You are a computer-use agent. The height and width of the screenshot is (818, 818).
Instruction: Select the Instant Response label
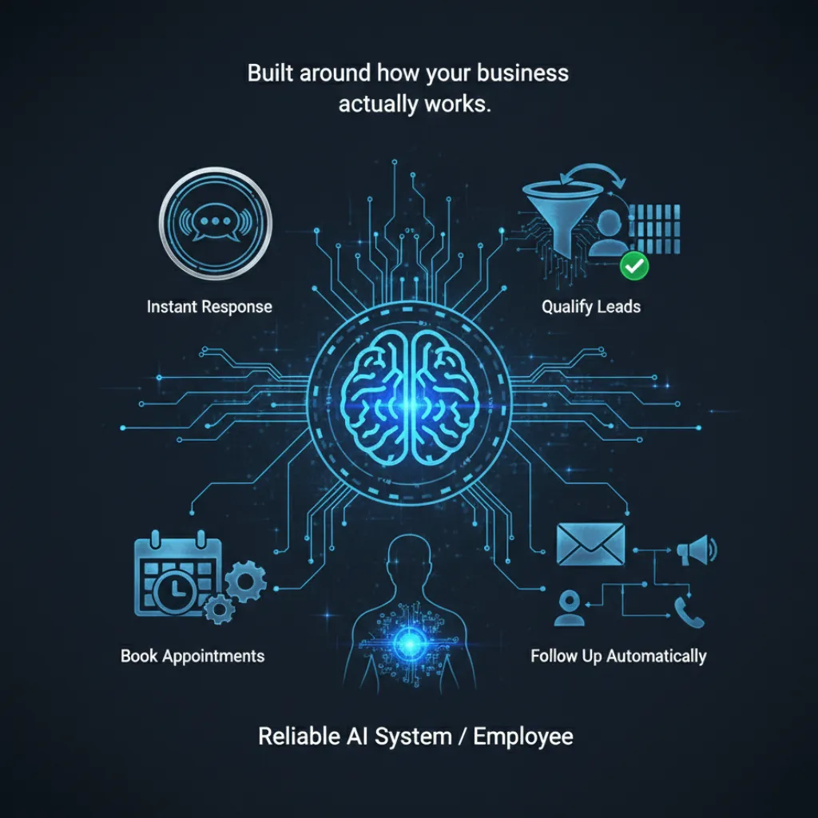pyautogui.click(x=209, y=307)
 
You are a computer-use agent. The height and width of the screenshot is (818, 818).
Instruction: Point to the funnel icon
pyautogui.click(x=559, y=209)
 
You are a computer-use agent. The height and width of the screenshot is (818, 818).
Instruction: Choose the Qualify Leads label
pyautogui.click(x=591, y=307)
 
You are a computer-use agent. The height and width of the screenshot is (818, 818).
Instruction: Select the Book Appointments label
pyautogui.click(x=193, y=657)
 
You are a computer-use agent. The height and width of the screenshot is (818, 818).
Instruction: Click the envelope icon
pyautogui.click(x=590, y=546)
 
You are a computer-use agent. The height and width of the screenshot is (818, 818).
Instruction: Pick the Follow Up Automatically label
pyautogui.click(x=618, y=657)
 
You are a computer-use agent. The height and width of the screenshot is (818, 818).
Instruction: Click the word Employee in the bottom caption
pyautogui.click(x=523, y=736)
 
